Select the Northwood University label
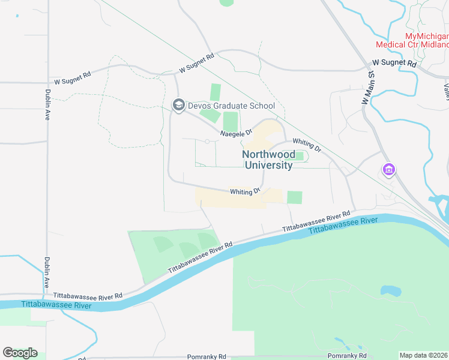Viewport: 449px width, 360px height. click(x=268, y=160)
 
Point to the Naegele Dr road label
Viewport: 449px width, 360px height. click(x=235, y=133)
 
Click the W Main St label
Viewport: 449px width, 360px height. click(x=367, y=88)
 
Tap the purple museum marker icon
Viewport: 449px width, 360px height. click(x=389, y=170)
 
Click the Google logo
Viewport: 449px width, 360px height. click(x=20, y=352)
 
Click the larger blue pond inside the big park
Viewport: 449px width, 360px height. click(x=391, y=291)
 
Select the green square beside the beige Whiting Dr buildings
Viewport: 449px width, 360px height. click(x=294, y=197)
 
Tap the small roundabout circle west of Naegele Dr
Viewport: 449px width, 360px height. click(x=207, y=142)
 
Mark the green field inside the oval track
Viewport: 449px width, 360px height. click(x=299, y=157)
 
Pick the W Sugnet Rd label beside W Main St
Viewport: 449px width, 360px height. click(x=394, y=62)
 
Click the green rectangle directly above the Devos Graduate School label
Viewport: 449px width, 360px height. click(x=215, y=92)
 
